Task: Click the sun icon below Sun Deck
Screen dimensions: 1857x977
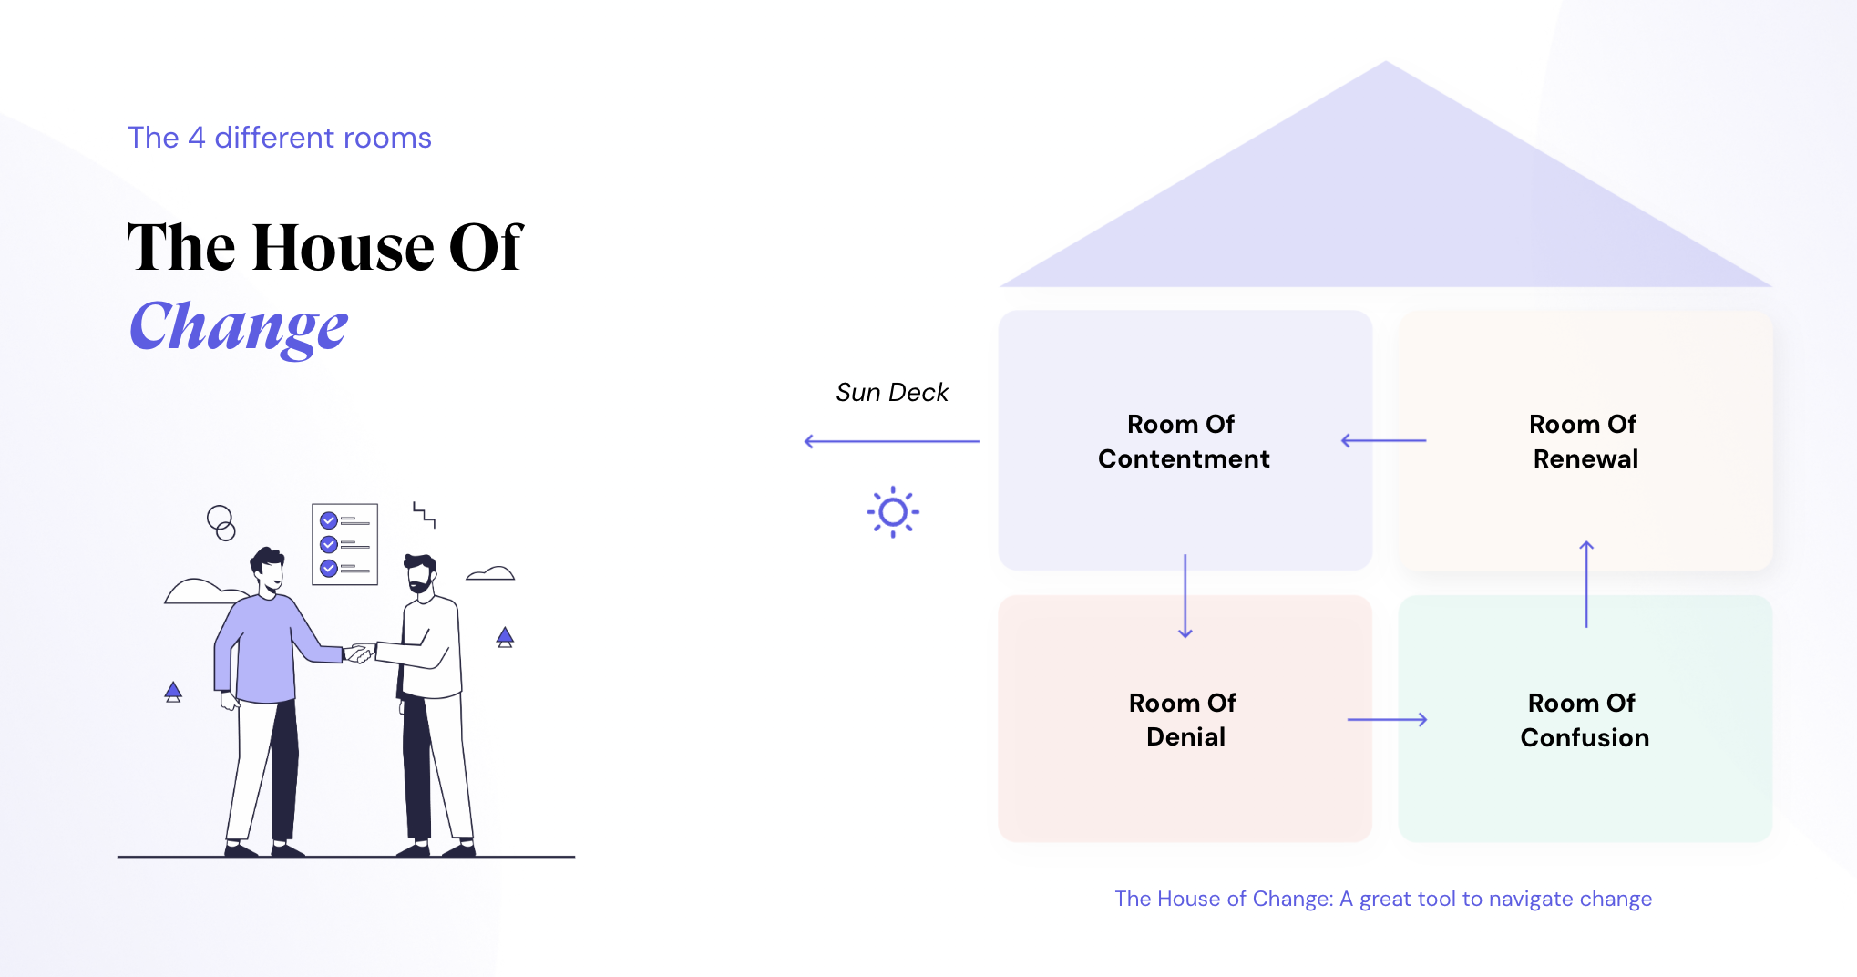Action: [893, 512]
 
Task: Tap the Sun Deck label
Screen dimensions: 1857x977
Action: [892, 392]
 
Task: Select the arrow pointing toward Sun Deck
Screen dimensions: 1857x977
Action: [892, 441]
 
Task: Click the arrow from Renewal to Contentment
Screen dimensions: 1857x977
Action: [1383, 441]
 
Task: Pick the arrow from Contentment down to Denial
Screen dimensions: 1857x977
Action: [1185, 596]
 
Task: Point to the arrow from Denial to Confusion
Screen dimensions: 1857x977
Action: [1387, 720]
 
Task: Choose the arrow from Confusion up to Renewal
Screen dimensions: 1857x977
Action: [1586, 584]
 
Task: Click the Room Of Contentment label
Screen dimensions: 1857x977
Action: [1184, 441]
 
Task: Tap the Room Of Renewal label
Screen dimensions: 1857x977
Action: [1585, 441]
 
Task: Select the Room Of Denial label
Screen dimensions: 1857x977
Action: [1184, 720]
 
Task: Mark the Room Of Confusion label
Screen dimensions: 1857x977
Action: [1585, 720]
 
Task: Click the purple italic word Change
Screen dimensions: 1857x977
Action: [239, 328]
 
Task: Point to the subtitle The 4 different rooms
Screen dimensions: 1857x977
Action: [280, 138]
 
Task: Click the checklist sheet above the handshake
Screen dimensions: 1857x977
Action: [344, 544]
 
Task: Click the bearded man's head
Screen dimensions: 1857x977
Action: [420, 573]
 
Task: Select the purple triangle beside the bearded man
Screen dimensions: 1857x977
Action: [505, 637]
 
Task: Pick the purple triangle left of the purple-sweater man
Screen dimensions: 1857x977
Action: [173, 692]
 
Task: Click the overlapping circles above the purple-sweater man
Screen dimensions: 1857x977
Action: [221, 523]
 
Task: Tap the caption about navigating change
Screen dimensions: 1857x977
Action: [1383, 899]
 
